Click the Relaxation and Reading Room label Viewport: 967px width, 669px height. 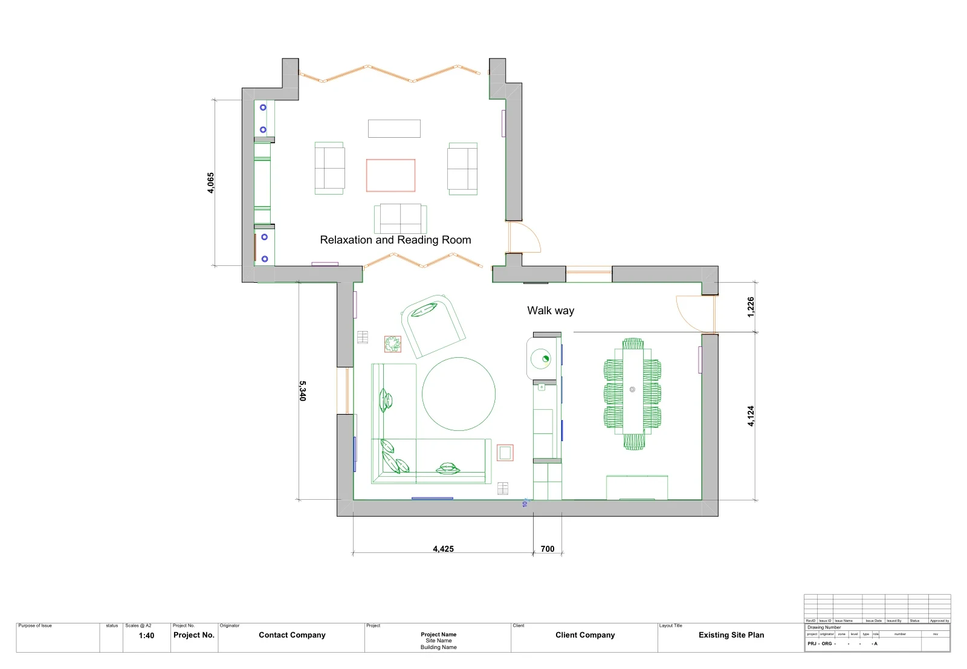[395, 240]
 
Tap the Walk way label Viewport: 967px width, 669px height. [551, 311]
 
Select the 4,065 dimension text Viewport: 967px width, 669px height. [211, 183]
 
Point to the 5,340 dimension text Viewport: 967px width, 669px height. [303, 390]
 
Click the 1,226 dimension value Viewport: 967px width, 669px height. [751, 307]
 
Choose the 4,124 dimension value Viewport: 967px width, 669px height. [751, 416]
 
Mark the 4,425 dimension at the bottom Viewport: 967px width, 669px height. [443, 549]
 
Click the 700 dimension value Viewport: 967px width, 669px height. [548, 549]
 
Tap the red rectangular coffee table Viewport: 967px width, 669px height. [390, 175]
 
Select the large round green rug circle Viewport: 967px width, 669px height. [459, 394]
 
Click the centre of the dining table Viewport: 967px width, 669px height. [633, 390]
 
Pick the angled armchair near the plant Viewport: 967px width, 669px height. [433, 326]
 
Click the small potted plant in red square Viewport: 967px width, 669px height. [393, 344]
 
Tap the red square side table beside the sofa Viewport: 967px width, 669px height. [505, 453]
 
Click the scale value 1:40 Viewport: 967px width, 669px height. [146, 636]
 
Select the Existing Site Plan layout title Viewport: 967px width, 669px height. [731, 635]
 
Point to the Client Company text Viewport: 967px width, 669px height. [585, 635]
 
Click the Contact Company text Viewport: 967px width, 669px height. [292, 635]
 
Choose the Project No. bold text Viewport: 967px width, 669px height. [194, 635]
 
